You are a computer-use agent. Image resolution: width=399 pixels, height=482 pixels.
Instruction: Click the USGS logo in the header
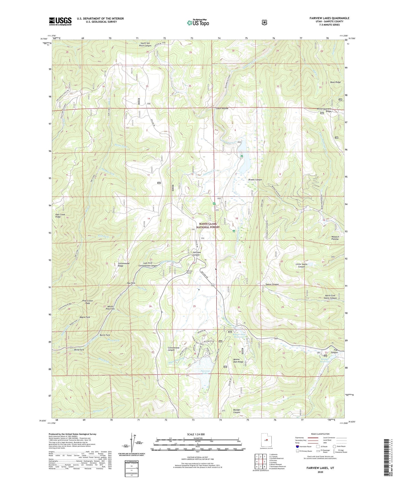[60, 21]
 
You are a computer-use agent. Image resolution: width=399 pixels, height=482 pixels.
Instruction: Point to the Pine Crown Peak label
[88, 302]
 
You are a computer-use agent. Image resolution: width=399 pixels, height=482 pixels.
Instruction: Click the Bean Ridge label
[335, 82]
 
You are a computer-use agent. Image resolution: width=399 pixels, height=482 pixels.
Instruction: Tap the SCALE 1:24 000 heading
[196, 434]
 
